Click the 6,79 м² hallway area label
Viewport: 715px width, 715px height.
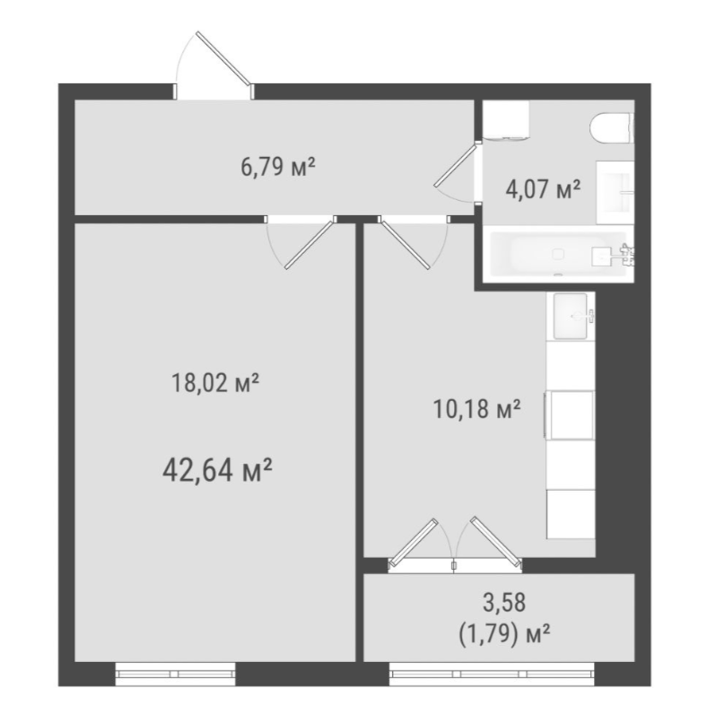pos(278,168)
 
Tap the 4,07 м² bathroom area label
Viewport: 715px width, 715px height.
pos(543,189)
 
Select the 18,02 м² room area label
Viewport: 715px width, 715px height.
pos(215,383)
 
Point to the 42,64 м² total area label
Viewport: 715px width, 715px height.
pos(217,470)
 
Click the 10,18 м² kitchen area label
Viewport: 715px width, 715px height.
pos(476,409)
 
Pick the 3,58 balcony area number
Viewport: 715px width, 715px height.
pos(504,602)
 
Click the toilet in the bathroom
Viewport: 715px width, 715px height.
pos(612,128)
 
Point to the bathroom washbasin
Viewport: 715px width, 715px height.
pos(615,192)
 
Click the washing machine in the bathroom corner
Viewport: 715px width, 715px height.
pos(506,119)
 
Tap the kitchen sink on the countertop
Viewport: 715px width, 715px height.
pos(571,316)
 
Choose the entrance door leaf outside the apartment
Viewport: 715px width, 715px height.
pos(224,58)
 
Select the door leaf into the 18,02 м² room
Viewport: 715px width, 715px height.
pos(310,245)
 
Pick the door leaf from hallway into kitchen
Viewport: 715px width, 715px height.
pos(404,244)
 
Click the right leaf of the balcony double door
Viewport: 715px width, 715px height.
pos(496,542)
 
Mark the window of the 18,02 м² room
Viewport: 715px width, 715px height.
pos(176,674)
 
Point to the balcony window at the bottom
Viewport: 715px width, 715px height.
pos(493,674)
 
